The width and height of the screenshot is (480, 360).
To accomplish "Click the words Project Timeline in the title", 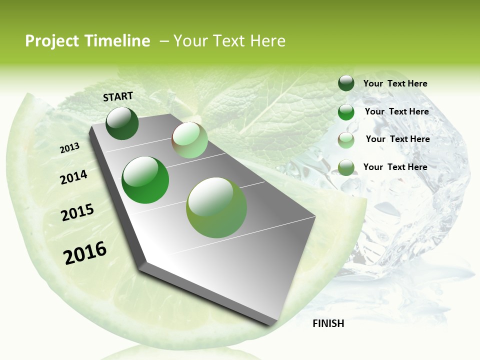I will (87, 41).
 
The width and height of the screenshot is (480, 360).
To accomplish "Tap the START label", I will (118, 96).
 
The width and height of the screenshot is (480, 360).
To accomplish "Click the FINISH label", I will (328, 323).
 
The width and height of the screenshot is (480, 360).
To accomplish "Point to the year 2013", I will (69, 148).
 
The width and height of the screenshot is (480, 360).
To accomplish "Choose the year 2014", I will (73, 177).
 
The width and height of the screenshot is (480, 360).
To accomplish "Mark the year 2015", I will (77, 212).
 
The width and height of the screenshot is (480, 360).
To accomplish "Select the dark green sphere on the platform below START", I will (122, 123).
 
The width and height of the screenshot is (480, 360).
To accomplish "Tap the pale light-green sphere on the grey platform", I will (189, 140).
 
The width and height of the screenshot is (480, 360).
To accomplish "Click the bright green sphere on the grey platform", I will (145, 180).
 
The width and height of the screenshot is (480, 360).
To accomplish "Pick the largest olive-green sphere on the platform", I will (216, 207).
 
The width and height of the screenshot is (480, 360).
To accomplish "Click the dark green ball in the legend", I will (346, 83).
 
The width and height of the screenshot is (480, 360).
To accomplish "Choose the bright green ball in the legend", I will (346, 112).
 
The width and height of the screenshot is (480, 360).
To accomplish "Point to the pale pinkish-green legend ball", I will (346, 139).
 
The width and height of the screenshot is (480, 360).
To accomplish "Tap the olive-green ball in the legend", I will (346, 167).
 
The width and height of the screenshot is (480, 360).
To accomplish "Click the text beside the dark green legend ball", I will (395, 84).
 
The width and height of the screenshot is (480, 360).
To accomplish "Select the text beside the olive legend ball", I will (395, 167).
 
